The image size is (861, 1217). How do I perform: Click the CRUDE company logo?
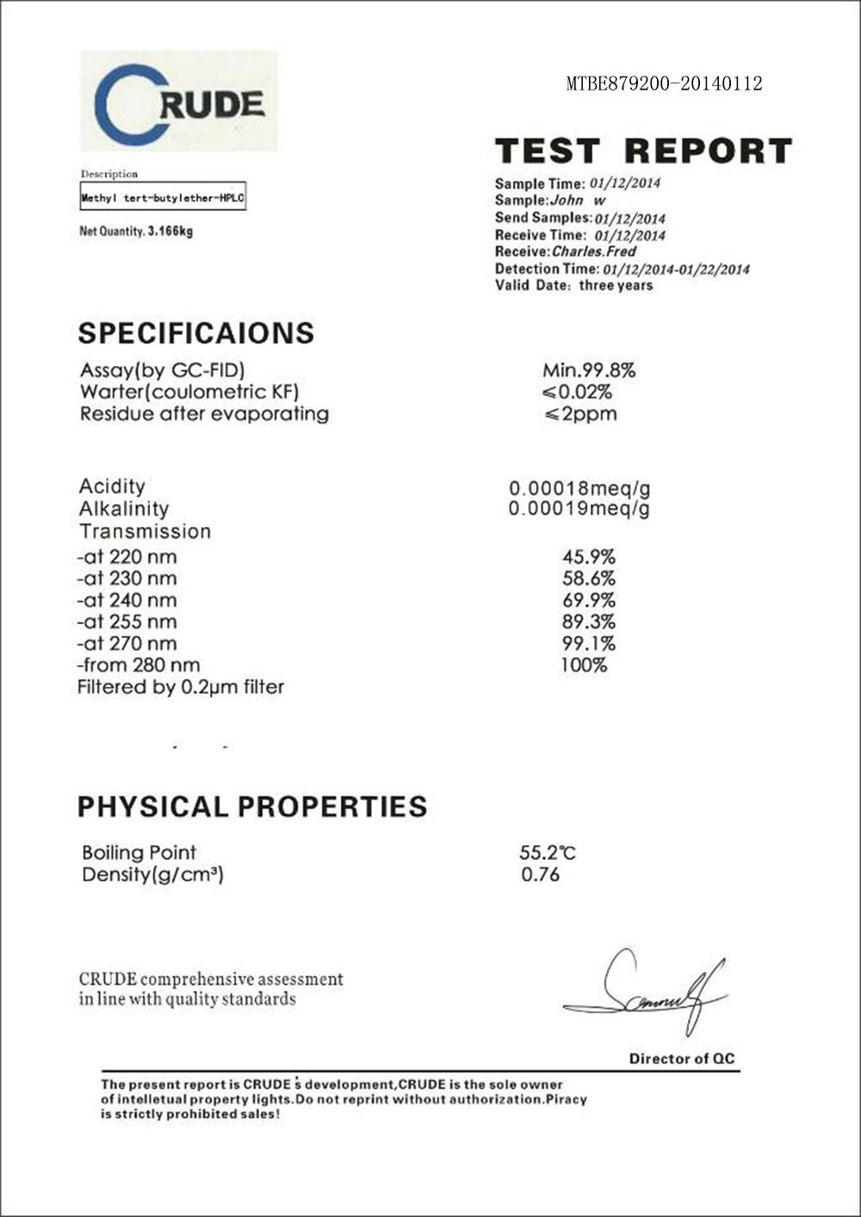179,102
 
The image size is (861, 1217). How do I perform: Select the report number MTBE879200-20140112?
664,83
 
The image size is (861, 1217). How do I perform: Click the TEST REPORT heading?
643,151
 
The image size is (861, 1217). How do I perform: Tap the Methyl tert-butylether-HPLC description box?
163,198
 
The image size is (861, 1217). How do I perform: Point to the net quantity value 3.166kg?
170,232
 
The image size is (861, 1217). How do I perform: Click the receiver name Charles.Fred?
593,252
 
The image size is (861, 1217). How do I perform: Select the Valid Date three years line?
573,286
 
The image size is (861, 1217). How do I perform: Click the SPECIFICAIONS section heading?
196,333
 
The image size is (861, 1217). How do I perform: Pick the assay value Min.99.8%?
589,371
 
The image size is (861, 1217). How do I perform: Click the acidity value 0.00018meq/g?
579,488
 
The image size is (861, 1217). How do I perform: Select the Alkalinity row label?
124,509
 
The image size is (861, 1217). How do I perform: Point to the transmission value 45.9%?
589,557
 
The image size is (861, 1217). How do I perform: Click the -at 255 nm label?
127,621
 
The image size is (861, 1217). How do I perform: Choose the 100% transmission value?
584,665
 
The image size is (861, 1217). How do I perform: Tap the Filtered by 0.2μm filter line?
181,687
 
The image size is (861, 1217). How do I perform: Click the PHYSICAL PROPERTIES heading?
252,806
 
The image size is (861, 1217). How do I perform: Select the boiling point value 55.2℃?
547,853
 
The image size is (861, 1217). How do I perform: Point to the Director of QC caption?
682,1059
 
